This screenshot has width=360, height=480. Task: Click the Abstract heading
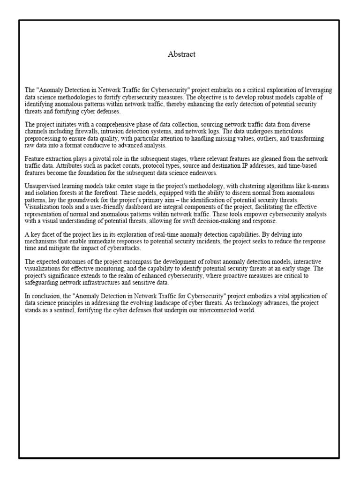point(181,54)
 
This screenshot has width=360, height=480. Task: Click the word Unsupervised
point(42,186)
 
